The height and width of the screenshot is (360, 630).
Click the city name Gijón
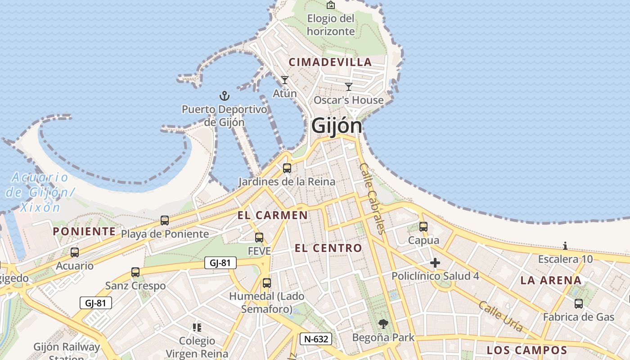[x=337, y=126]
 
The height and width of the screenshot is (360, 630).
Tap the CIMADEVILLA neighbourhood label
[x=330, y=62]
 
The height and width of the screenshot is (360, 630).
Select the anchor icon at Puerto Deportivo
[x=224, y=95]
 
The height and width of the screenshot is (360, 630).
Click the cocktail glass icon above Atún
[x=284, y=80]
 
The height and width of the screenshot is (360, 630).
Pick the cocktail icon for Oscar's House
[x=349, y=86]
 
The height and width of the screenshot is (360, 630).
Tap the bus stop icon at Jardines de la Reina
[x=287, y=168]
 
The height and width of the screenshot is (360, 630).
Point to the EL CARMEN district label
[x=273, y=215]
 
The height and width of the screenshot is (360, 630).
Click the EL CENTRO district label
[x=328, y=248]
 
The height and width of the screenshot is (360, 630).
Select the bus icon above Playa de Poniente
[x=165, y=220]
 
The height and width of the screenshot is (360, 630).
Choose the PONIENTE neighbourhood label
[x=84, y=231]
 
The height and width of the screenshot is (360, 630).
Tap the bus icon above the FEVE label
[x=259, y=238]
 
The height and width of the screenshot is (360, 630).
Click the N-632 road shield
[x=316, y=339]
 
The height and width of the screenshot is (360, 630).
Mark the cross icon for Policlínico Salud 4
[x=435, y=263]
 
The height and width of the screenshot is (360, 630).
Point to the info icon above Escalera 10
[x=565, y=246]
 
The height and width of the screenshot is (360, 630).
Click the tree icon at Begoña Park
[x=383, y=324]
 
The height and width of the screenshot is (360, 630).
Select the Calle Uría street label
[x=500, y=316]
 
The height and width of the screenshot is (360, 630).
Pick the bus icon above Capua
[x=423, y=227]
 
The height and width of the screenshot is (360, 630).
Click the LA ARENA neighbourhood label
[x=551, y=280]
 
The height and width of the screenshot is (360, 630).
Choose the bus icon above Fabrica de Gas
[x=579, y=304]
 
